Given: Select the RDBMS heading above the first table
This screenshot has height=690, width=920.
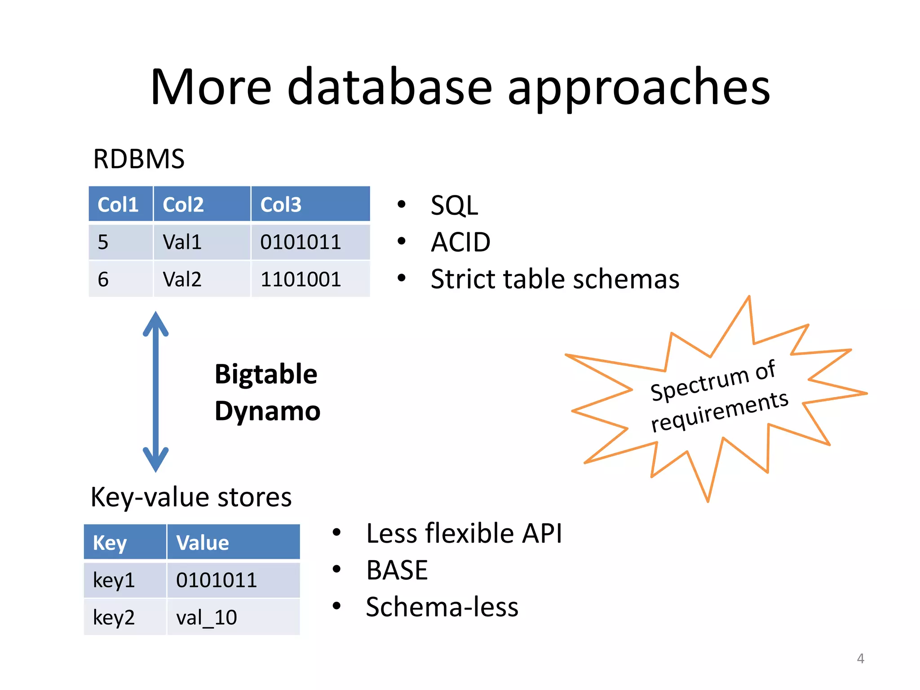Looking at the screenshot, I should [138, 159].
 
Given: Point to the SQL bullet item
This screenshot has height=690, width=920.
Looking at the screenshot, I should [454, 205].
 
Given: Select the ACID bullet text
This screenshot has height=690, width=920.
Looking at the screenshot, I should [460, 242].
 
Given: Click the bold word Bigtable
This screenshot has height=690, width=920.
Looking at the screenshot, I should [266, 374].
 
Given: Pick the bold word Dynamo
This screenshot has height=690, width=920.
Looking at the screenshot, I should [267, 411].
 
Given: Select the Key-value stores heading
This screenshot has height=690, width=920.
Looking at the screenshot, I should [191, 497].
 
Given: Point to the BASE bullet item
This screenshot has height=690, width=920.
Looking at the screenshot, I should [397, 570].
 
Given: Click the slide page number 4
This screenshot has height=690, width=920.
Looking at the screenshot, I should [860, 658].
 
